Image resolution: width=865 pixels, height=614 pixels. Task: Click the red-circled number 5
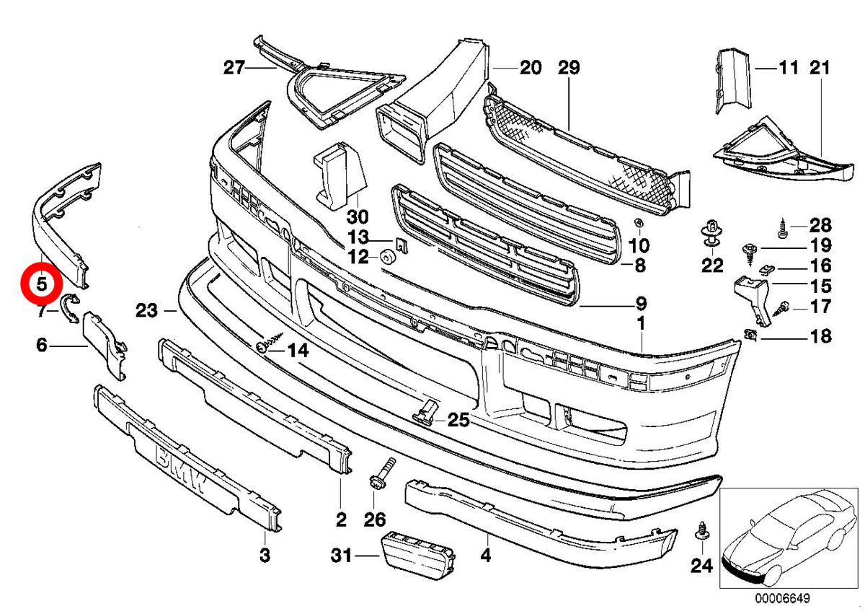[41, 284]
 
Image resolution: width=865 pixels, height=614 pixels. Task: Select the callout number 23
[146, 311]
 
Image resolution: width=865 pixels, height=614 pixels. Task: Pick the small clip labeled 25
[425, 411]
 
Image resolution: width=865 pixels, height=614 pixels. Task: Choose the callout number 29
[569, 68]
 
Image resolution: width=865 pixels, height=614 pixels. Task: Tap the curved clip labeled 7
[71, 308]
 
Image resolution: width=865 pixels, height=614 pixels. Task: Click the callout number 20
[530, 68]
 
